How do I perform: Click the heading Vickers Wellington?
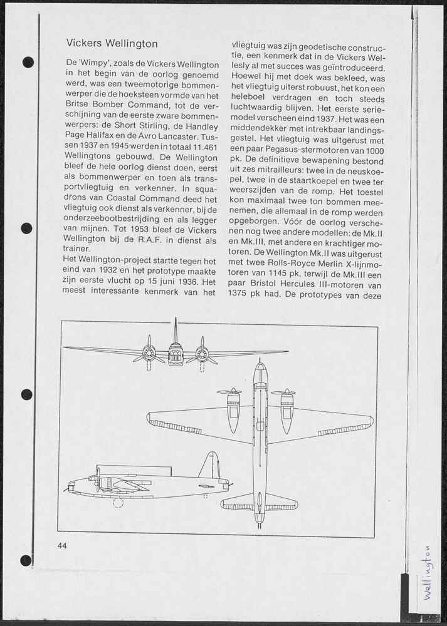tap(112, 44)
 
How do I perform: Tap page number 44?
tap(62, 545)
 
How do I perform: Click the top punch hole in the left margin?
tap(28, 62)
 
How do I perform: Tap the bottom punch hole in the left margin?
tap(26, 560)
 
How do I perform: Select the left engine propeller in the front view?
tap(149, 354)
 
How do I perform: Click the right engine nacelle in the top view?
tap(287, 410)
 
